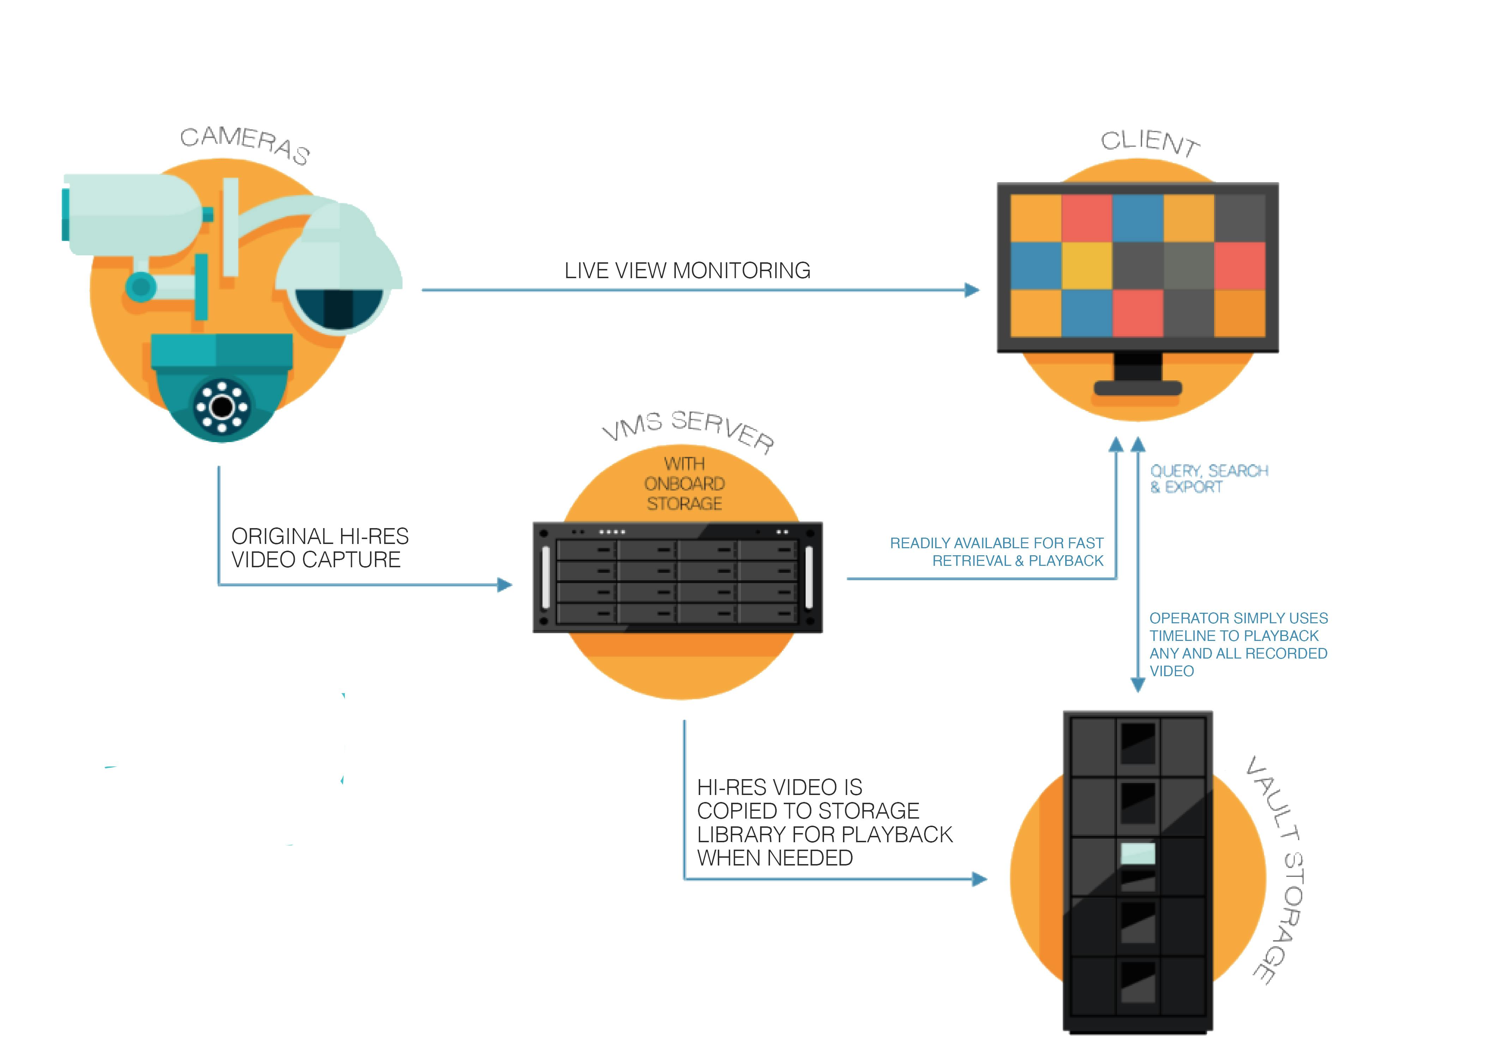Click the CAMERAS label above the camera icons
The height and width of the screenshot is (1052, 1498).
click(x=245, y=145)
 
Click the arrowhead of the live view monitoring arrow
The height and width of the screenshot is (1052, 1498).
click(x=972, y=290)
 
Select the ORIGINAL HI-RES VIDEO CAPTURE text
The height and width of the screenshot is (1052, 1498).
click(x=320, y=548)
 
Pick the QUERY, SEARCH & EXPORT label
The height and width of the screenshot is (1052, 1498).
click(x=1208, y=479)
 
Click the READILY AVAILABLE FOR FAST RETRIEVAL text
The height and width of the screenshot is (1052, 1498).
click(x=997, y=552)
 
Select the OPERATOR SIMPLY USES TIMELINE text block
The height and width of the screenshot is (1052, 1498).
click(x=1238, y=644)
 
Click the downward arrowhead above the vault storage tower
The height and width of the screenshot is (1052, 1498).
click(x=1138, y=685)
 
